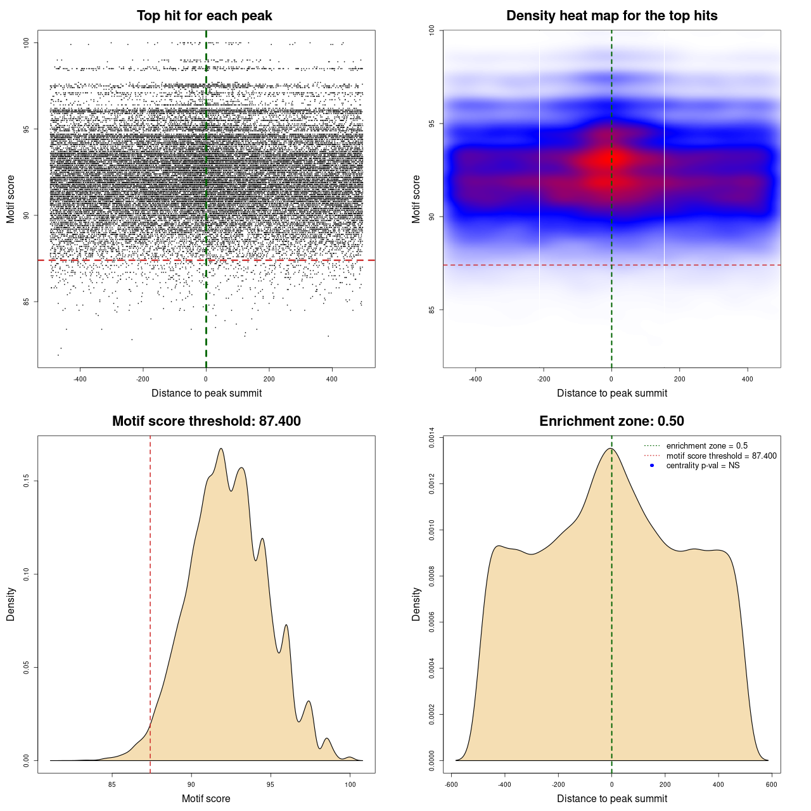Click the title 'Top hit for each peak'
pos(204,16)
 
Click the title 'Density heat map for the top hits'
pos(611,16)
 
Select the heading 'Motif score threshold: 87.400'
pos(206,421)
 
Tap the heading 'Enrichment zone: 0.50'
pos(611,421)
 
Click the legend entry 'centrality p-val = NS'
pos(703,466)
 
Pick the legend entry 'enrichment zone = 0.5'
pos(706,446)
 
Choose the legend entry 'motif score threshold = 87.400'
pos(721,456)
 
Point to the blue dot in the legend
pos(652,466)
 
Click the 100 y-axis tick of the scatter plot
pos(27,42)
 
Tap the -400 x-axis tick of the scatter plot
pos(80,379)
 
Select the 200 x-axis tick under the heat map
pos(679,379)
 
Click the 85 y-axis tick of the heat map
pos(432,310)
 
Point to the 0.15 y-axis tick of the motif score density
pos(27,482)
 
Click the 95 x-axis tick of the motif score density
pos(271,784)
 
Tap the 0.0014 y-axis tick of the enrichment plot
pos(432,438)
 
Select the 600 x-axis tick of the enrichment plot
pos(771,784)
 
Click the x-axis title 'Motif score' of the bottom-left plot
pos(206,798)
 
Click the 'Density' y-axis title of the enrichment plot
pos(416,604)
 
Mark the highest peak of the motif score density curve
pos(221,449)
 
